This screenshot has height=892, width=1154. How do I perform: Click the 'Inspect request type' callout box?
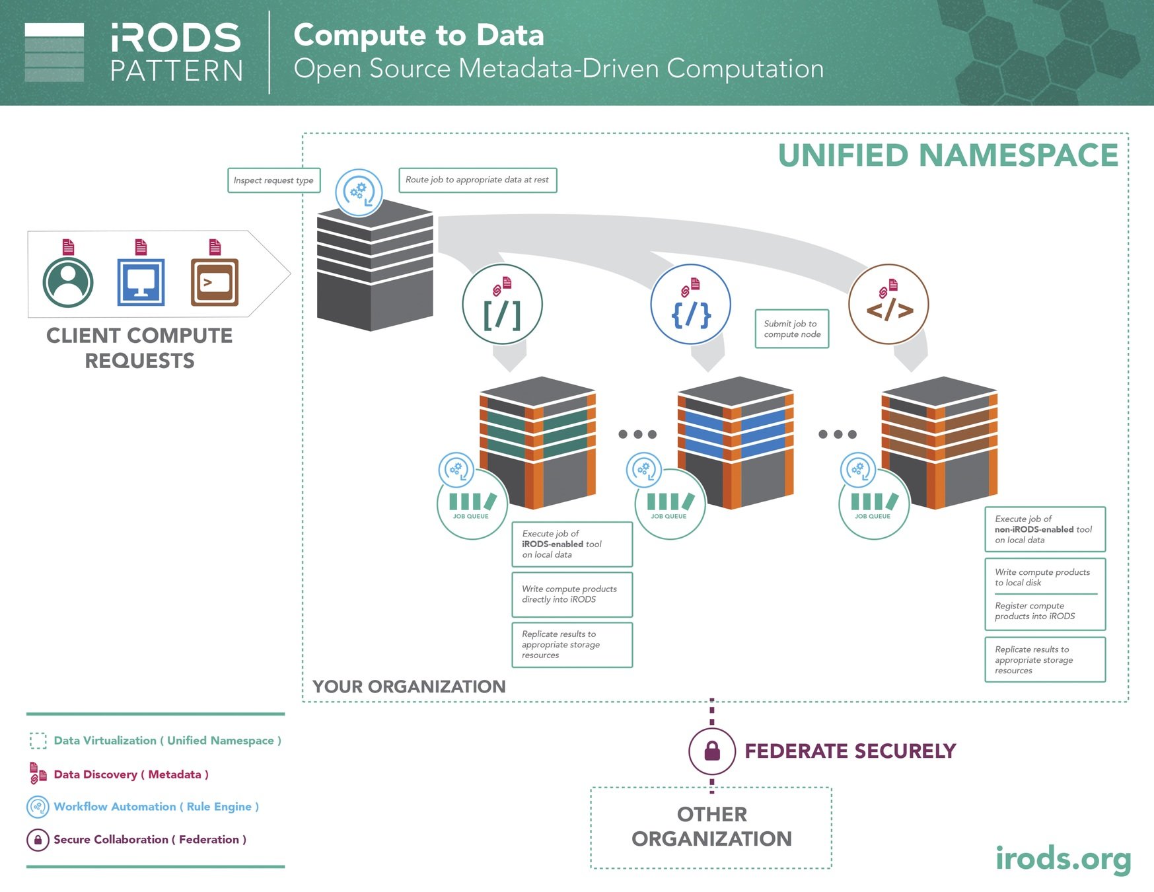tap(273, 180)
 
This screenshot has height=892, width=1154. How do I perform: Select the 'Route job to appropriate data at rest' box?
tap(477, 180)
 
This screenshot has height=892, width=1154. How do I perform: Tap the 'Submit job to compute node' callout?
tap(791, 329)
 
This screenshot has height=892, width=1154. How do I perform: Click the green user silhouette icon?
tap(68, 282)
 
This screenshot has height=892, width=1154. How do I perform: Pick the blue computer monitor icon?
tap(141, 282)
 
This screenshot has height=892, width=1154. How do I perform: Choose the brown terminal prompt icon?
tap(215, 282)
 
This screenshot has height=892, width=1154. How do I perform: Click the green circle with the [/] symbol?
tap(502, 305)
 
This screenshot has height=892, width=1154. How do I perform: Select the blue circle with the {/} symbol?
tap(690, 305)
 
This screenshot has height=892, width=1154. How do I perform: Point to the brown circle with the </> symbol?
tap(888, 305)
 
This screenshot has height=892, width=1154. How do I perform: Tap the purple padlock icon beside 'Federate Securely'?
tap(712, 751)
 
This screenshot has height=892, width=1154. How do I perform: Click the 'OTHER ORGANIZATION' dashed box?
tap(711, 827)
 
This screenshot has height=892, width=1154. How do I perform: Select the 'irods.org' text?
tap(1063, 859)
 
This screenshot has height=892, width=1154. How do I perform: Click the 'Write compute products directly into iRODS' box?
tap(571, 594)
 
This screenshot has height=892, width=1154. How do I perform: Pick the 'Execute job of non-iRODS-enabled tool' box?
tap(1044, 529)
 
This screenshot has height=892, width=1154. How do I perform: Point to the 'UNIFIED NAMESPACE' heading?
tap(948, 156)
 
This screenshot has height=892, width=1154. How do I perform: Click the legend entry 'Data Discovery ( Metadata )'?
tap(131, 774)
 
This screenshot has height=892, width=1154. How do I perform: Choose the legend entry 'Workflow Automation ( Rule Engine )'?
tap(156, 807)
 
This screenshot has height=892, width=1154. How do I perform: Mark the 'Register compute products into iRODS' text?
tap(1034, 611)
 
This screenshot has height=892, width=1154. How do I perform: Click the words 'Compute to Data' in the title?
tap(419, 35)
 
